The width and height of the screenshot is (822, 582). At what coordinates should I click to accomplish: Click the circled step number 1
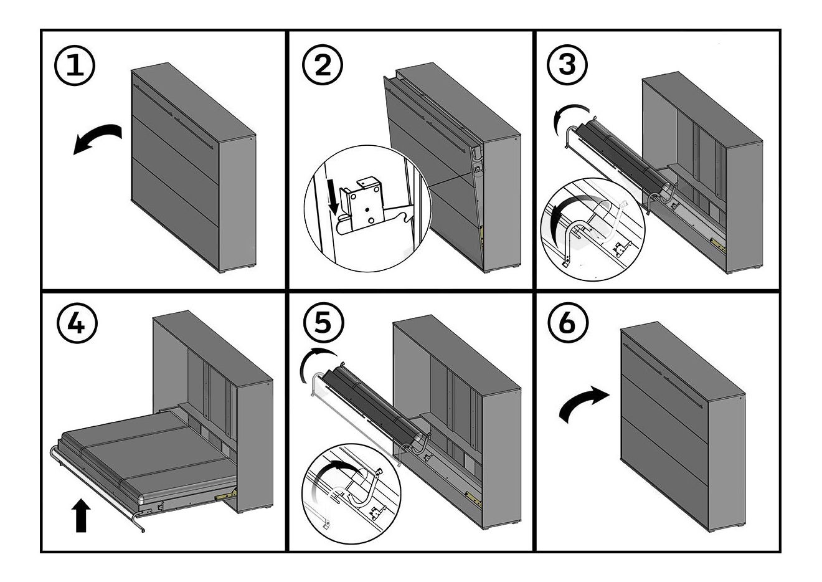coord(75,66)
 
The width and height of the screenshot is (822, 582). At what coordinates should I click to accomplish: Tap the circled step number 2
coord(323,65)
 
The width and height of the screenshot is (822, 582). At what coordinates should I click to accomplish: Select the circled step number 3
coord(567,64)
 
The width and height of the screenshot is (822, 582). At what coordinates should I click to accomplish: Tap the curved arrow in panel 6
coord(584,404)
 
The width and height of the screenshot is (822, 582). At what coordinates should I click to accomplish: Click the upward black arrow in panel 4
coord(81,514)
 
